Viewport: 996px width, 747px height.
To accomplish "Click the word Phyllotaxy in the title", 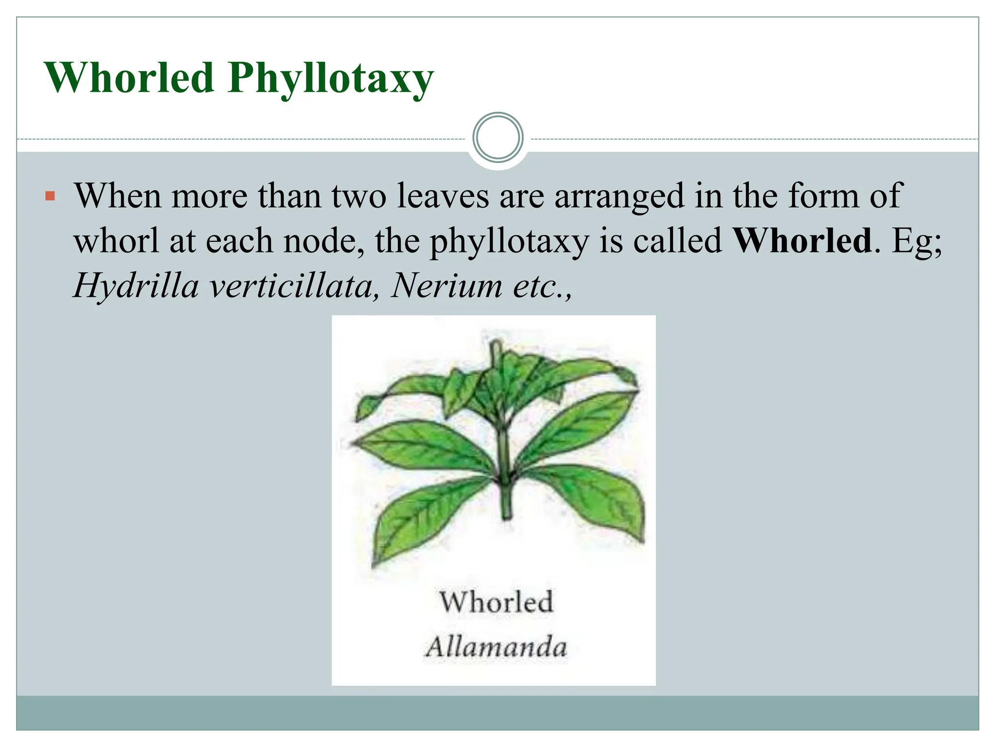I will click(331, 79).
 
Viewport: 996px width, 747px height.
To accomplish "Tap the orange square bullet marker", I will click(50, 197).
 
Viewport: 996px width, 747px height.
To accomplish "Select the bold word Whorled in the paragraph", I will click(802, 241).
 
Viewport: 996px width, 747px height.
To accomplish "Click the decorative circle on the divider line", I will click(498, 138).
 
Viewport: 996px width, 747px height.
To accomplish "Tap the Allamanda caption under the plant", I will click(496, 647).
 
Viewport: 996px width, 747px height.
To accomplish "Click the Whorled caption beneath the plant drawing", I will click(496, 602).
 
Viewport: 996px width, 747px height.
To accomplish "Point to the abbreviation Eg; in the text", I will click(917, 242).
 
